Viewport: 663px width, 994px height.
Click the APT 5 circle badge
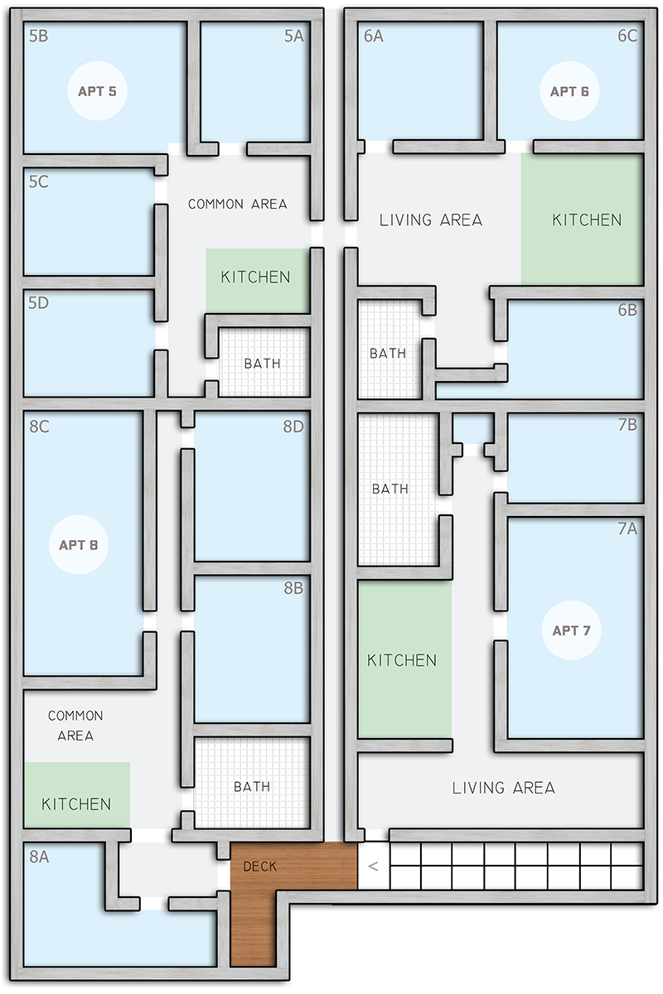(x=97, y=91)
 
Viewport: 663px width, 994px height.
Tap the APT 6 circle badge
(x=569, y=91)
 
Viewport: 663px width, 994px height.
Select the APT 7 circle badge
(x=572, y=630)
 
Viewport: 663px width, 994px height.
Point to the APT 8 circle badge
(x=79, y=544)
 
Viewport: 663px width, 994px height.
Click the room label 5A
(x=294, y=36)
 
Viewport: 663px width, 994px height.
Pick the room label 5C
(x=39, y=181)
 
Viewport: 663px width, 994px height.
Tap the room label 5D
(x=39, y=303)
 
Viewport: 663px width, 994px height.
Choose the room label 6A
(x=374, y=36)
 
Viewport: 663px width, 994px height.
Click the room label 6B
(x=627, y=310)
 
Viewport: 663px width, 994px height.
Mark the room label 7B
(x=627, y=425)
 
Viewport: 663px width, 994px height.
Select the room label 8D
(x=293, y=427)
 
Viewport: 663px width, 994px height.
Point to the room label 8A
(x=39, y=856)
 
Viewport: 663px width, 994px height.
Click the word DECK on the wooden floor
(x=260, y=866)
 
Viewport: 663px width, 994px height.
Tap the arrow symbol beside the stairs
(x=373, y=866)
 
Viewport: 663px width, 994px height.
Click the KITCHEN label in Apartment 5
(x=255, y=277)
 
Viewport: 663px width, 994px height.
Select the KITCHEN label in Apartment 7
(x=402, y=660)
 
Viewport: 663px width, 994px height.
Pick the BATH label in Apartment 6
(x=388, y=354)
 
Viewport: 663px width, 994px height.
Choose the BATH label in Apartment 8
(x=252, y=787)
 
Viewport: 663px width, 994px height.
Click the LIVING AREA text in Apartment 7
(x=504, y=788)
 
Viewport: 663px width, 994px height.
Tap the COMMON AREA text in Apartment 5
(x=238, y=204)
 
